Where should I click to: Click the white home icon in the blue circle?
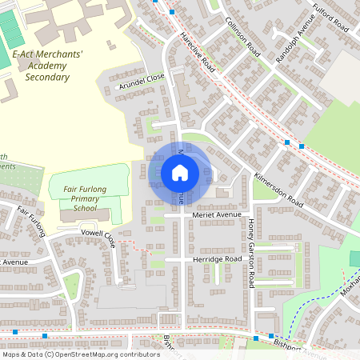[179, 173]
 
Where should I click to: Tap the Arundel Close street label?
[141, 81]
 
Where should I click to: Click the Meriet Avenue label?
[218, 214]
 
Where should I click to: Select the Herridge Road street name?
[216, 260]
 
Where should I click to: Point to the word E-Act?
[25, 54]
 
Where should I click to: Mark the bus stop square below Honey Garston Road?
[271, 337]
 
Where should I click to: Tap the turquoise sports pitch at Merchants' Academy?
[10, 29]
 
